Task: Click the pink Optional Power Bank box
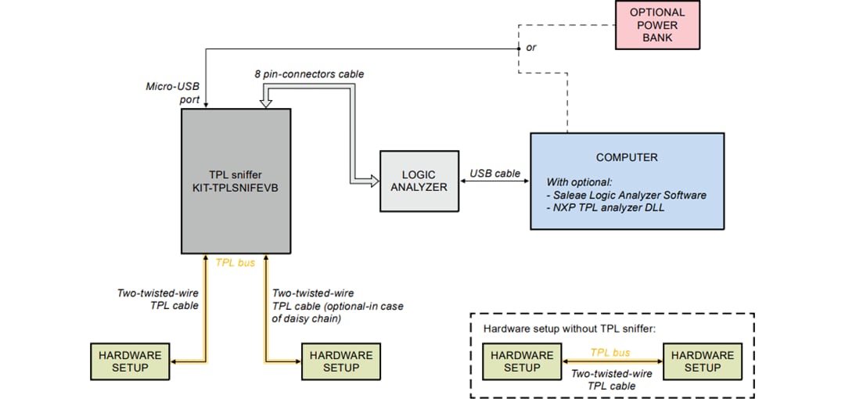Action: click(657, 24)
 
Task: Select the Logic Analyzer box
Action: click(419, 181)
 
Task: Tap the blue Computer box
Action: click(627, 181)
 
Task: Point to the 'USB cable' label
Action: click(494, 174)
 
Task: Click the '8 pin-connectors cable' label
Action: click(309, 74)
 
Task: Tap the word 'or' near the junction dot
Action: click(531, 48)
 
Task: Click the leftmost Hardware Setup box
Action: click(130, 361)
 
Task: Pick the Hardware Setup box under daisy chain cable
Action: click(341, 361)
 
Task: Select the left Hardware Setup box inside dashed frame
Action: click(522, 361)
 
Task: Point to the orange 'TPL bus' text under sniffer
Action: click(236, 263)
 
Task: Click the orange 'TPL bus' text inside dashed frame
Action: click(610, 353)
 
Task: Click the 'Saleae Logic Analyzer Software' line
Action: click(628, 194)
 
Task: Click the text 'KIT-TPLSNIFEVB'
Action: click(236, 189)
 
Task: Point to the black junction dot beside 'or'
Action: click(518, 49)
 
